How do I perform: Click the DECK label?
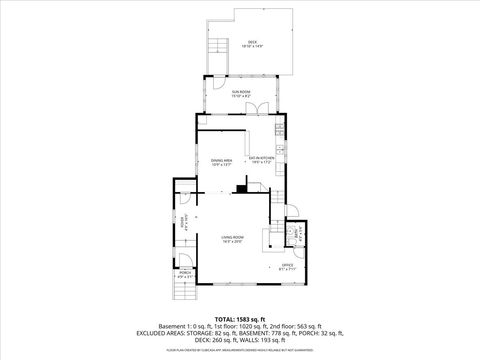[x=252, y=41]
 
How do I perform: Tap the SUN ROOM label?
[x=240, y=92]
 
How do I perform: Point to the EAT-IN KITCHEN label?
[x=262, y=158]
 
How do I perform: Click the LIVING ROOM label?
[x=233, y=236]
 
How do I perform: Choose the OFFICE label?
[x=286, y=263]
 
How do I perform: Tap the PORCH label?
[x=185, y=271]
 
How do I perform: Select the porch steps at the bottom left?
[x=183, y=291]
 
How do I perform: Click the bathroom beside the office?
[x=295, y=234]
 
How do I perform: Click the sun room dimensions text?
[x=240, y=96]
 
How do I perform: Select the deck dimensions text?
[x=252, y=46]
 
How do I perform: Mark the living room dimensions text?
[x=233, y=241]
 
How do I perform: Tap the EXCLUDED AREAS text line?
[x=239, y=333]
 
